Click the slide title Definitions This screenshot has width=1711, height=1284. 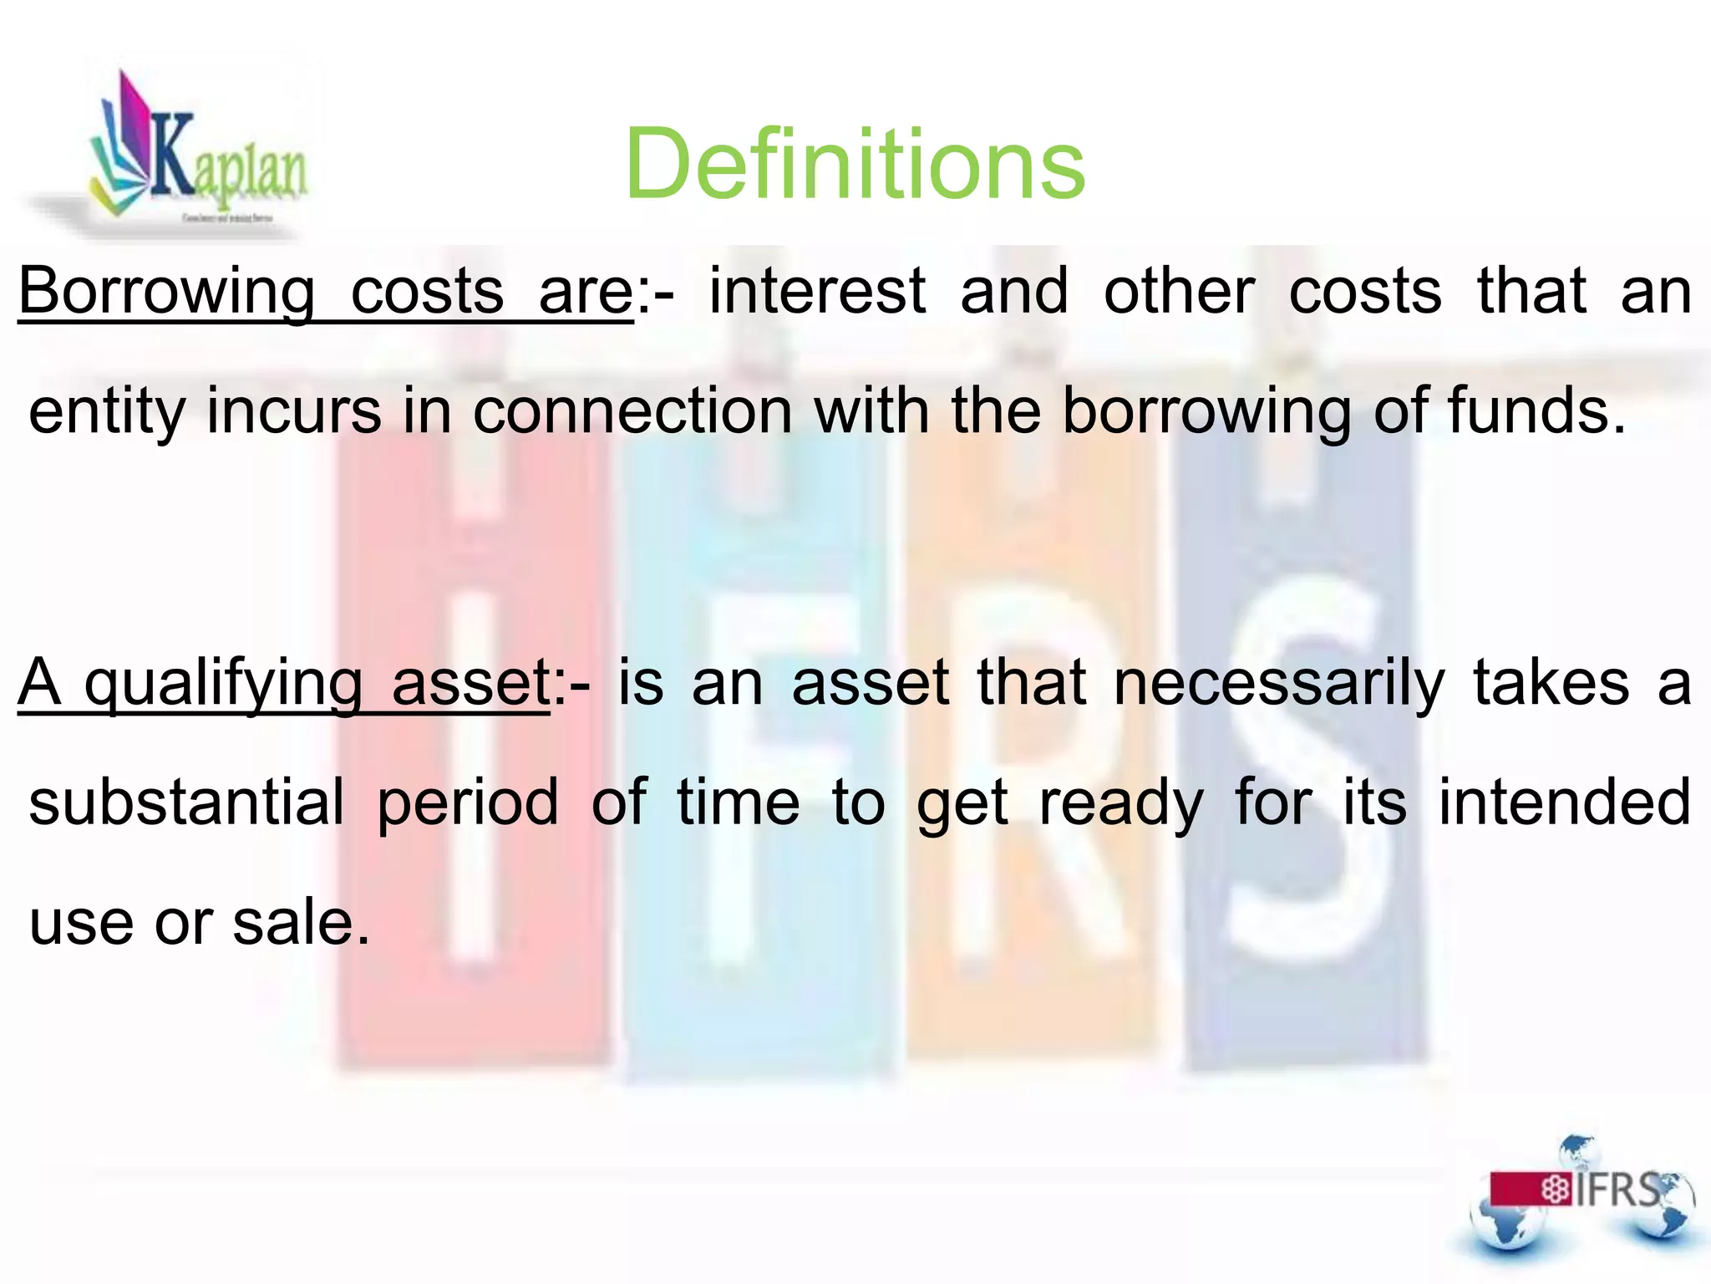click(854, 164)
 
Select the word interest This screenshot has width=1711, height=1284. click(817, 292)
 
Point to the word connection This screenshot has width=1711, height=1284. click(632, 411)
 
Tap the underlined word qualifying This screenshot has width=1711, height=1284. click(223, 684)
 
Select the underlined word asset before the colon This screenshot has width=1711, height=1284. click(470, 684)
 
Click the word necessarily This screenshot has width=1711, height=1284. click(1278, 684)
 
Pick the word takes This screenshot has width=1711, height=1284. click(1550, 684)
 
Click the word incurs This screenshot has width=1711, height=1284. click(293, 411)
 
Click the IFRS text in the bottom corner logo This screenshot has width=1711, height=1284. click(1617, 1190)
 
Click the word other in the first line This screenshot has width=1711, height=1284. click(1179, 292)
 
